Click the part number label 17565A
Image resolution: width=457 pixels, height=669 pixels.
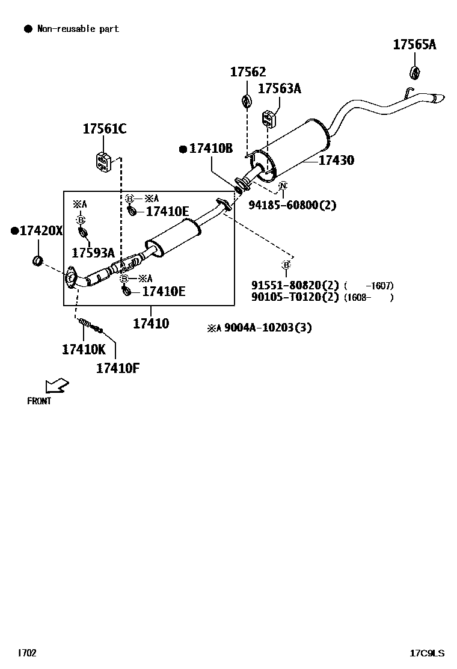click(x=414, y=44)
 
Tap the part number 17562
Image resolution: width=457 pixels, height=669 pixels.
click(x=248, y=72)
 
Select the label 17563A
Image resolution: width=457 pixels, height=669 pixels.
click(x=280, y=89)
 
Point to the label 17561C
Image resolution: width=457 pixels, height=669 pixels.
click(x=105, y=129)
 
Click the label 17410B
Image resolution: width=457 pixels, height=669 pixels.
click(x=210, y=149)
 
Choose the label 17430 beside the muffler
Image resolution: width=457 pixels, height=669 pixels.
click(x=336, y=161)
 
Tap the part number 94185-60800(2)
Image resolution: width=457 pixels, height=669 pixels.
click(x=292, y=206)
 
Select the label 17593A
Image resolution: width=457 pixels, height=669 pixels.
click(x=93, y=253)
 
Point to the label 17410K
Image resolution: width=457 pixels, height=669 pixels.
click(x=83, y=349)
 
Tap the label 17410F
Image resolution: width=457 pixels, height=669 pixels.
click(x=118, y=368)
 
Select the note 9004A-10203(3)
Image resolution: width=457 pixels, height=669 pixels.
click(x=268, y=328)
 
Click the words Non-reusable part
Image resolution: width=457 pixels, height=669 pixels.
click(x=78, y=29)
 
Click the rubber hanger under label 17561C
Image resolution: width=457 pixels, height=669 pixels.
click(x=103, y=161)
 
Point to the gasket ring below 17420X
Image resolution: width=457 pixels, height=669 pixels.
click(x=37, y=261)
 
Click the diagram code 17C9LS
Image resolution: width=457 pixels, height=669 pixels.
click(x=427, y=653)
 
